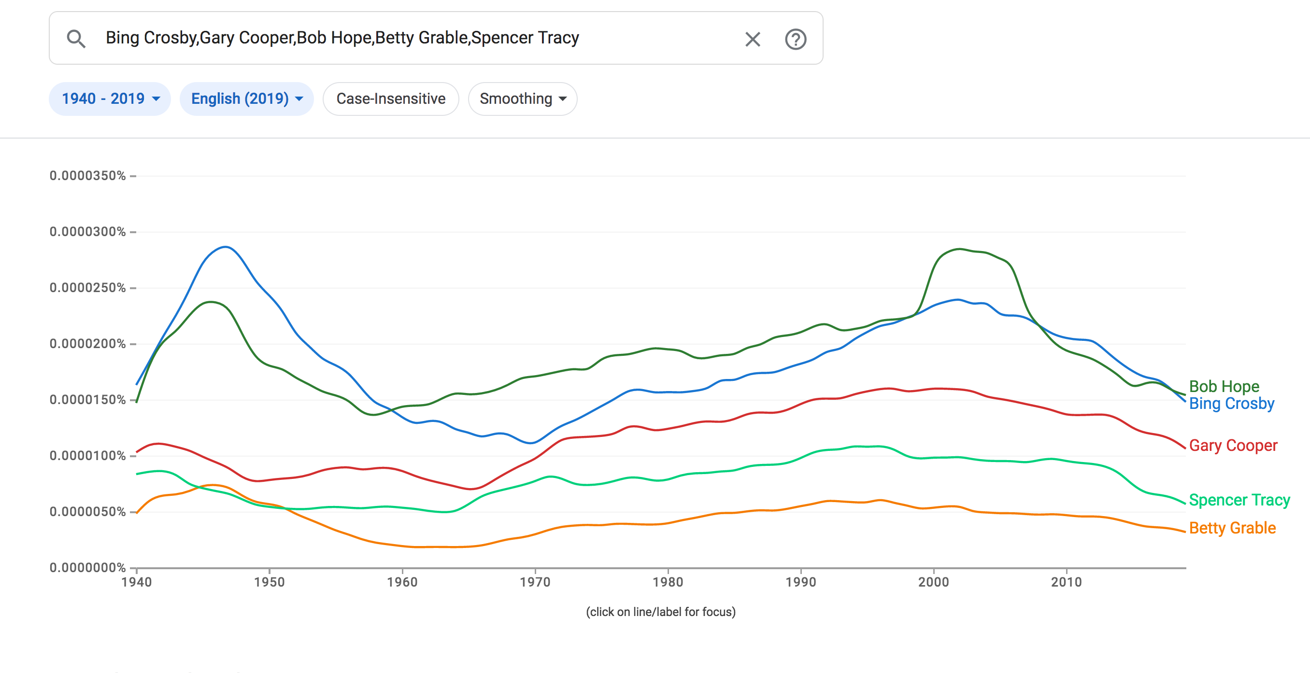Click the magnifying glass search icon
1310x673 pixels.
[x=76, y=39]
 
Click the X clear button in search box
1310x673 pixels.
[x=752, y=39]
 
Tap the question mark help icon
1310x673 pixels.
[x=796, y=39]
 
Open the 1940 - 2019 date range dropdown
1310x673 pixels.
[x=110, y=98]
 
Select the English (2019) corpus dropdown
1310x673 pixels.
[x=247, y=98]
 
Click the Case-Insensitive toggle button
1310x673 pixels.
[x=391, y=98]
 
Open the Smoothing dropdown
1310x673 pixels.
[x=522, y=98]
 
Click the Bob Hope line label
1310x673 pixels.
[x=1224, y=386]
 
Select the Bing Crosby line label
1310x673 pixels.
[x=1231, y=404]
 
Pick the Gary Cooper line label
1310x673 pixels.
[x=1233, y=445]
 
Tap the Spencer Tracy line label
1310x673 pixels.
[x=1239, y=500]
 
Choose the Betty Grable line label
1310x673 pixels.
[x=1232, y=528]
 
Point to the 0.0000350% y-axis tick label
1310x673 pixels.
[x=87, y=176]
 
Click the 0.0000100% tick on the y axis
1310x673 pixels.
[x=87, y=455]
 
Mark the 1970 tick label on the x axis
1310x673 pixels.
[x=535, y=582]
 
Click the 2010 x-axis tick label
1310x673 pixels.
[x=1066, y=582]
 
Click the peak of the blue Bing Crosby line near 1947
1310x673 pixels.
[x=225, y=247]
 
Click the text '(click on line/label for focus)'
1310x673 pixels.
[x=661, y=612]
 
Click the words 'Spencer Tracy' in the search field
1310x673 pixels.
[x=526, y=38]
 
